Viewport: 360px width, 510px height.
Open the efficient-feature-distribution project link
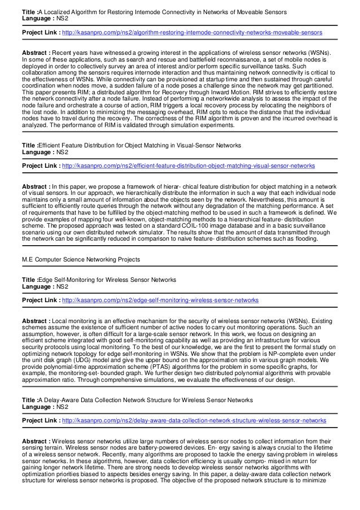pyautogui.click(x=188, y=167)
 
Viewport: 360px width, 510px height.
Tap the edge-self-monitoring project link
pyautogui.click(x=160, y=300)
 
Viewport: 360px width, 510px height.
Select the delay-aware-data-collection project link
pyautogui.click(x=194, y=421)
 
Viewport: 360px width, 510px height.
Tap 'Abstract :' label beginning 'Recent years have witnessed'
pyautogui.click(x=35, y=54)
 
